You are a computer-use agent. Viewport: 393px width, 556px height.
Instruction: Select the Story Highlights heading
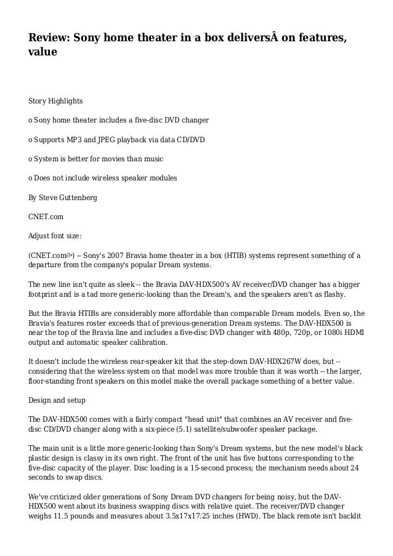tap(56, 100)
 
